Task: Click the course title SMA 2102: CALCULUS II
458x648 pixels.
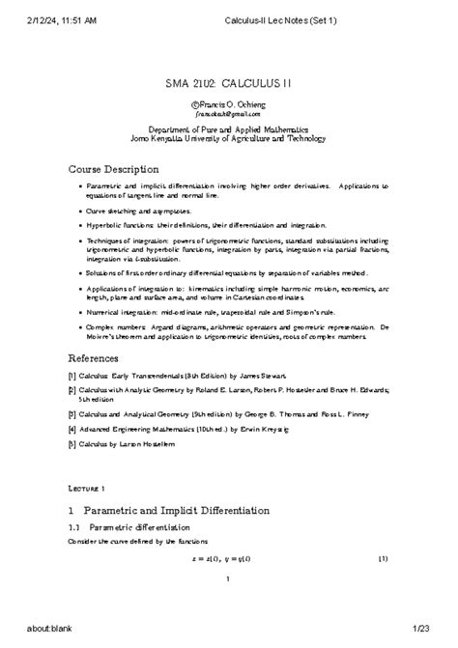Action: click(228, 84)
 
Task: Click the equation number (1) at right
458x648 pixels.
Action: click(383, 558)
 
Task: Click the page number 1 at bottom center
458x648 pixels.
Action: click(227, 579)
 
